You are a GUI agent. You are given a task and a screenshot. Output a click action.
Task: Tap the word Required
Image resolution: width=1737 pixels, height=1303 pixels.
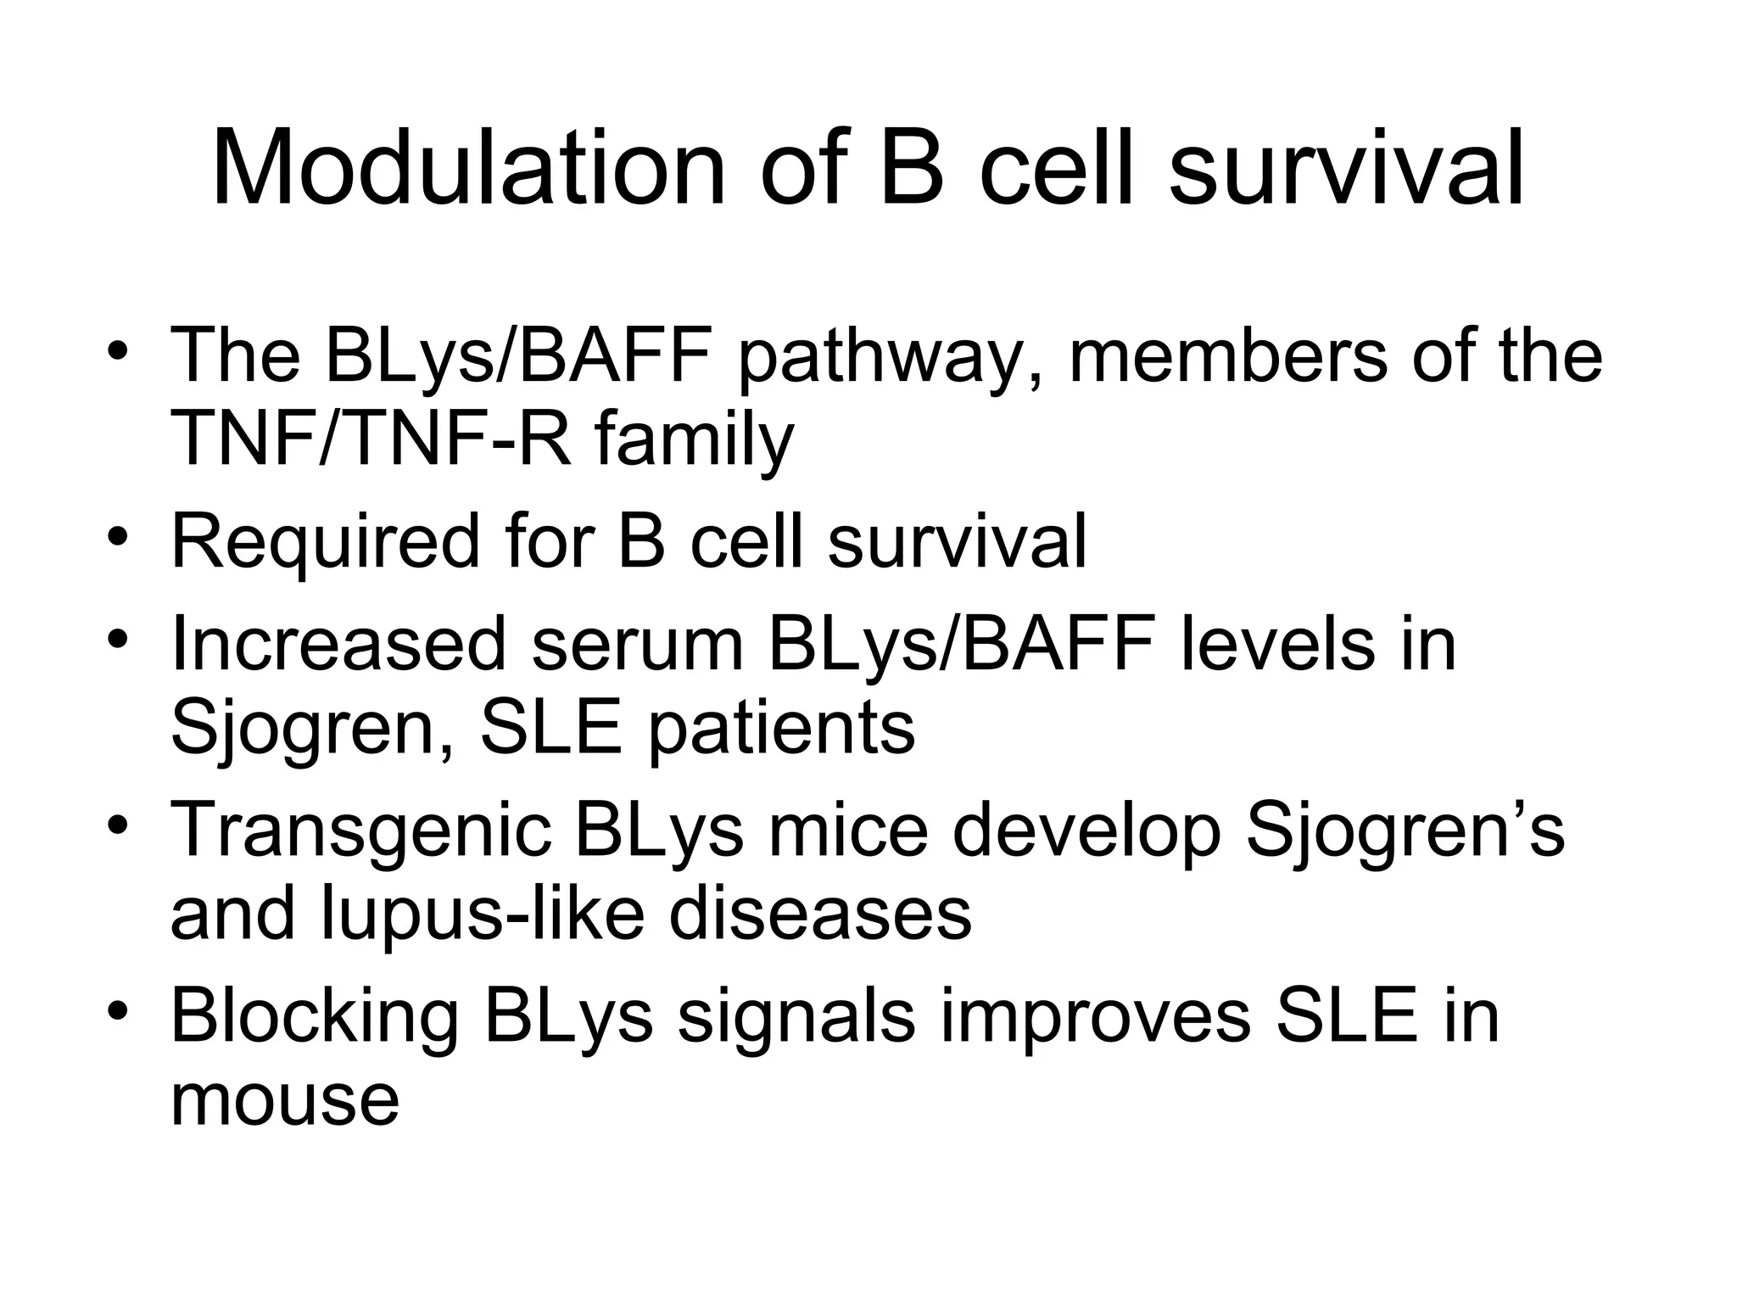click(x=325, y=544)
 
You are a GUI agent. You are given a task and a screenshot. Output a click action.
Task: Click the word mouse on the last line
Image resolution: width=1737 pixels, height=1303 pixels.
click(x=285, y=1102)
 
